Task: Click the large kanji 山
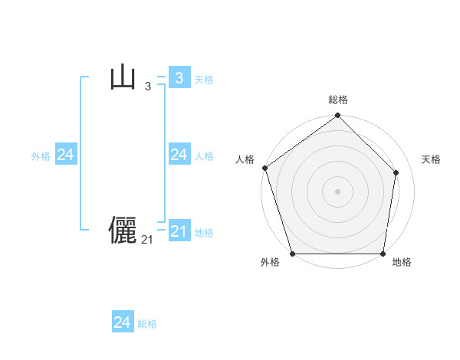tap(123, 78)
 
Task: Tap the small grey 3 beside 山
tap(147, 87)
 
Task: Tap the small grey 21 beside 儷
tap(147, 240)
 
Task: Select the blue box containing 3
tap(179, 78)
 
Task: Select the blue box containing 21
tap(179, 231)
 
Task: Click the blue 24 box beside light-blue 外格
tap(65, 155)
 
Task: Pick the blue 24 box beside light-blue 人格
tap(179, 155)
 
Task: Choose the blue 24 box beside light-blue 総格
tap(123, 322)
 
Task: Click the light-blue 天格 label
tap(204, 80)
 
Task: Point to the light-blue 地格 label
tap(204, 233)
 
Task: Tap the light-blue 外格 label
tap(41, 156)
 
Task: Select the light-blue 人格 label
tap(204, 156)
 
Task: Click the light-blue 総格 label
tap(147, 324)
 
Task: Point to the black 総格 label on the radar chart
tap(338, 100)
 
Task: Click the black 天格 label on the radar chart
tap(432, 159)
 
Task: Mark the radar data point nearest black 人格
tap(264, 168)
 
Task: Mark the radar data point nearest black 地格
tap(383, 254)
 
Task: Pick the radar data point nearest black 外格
tap(293, 254)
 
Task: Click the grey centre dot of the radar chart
tap(338, 191)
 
